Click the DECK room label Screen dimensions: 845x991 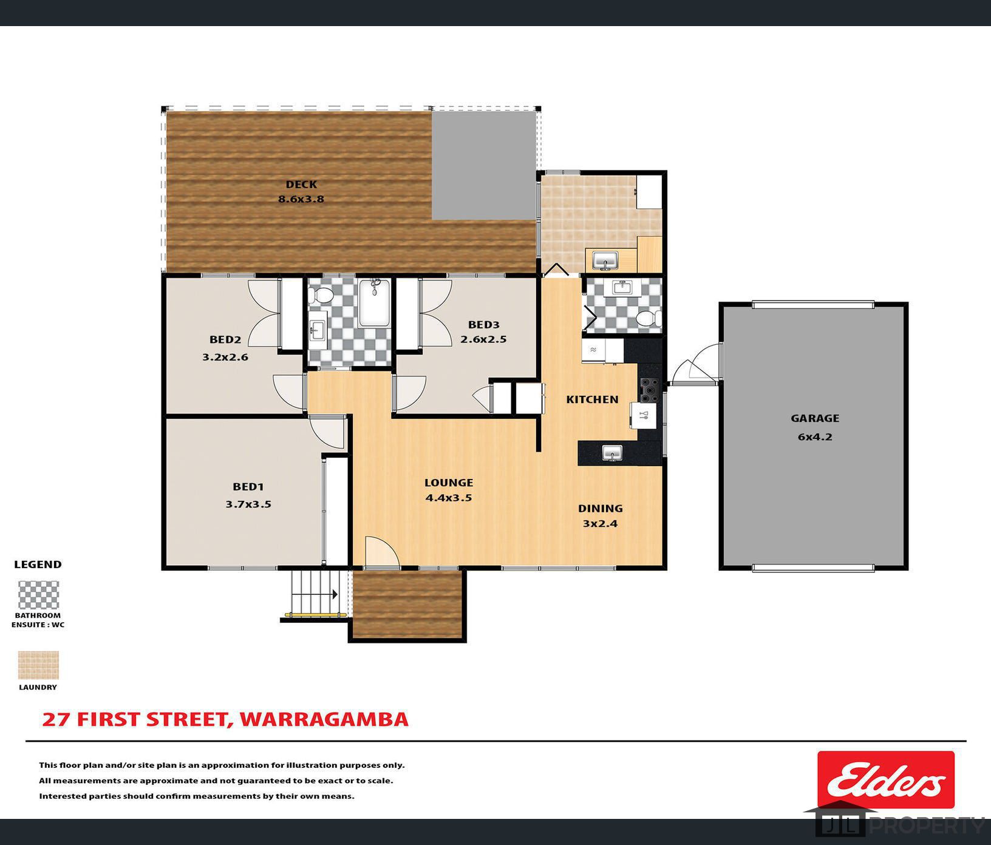point(301,185)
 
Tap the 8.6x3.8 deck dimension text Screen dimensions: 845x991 point(301,199)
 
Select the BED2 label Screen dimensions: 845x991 point(225,340)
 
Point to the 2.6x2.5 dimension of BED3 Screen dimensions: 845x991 point(483,339)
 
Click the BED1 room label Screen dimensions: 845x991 point(248,486)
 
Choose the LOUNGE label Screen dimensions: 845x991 point(449,483)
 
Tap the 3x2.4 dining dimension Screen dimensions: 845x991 point(600,523)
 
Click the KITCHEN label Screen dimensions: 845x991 point(592,399)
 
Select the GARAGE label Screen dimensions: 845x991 point(815,418)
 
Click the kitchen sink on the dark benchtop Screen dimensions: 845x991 point(612,453)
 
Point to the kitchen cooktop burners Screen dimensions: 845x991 point(649,390)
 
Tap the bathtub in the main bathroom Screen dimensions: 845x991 point(374,303)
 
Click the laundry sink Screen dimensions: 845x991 point(605,261)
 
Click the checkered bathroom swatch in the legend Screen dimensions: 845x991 point(38,595)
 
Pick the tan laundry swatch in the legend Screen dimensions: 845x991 point(38,665)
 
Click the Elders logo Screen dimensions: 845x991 point(885,779)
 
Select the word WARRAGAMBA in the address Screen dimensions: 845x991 point(324,719)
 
